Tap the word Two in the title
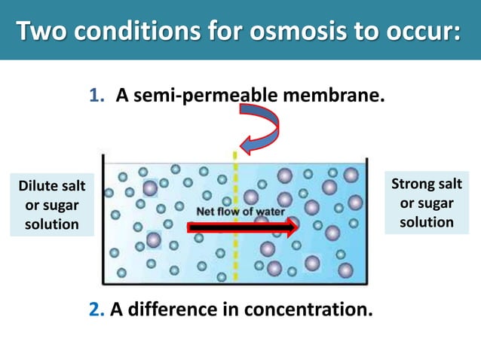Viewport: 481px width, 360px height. click(x=43, y=32)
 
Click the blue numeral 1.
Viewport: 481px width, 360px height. click(x=96, y=97)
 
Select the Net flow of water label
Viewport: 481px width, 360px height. click(x=240, y=211)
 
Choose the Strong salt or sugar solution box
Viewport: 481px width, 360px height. click(x=427, y=203)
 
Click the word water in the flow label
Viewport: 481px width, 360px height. click(x=269, y=211)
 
